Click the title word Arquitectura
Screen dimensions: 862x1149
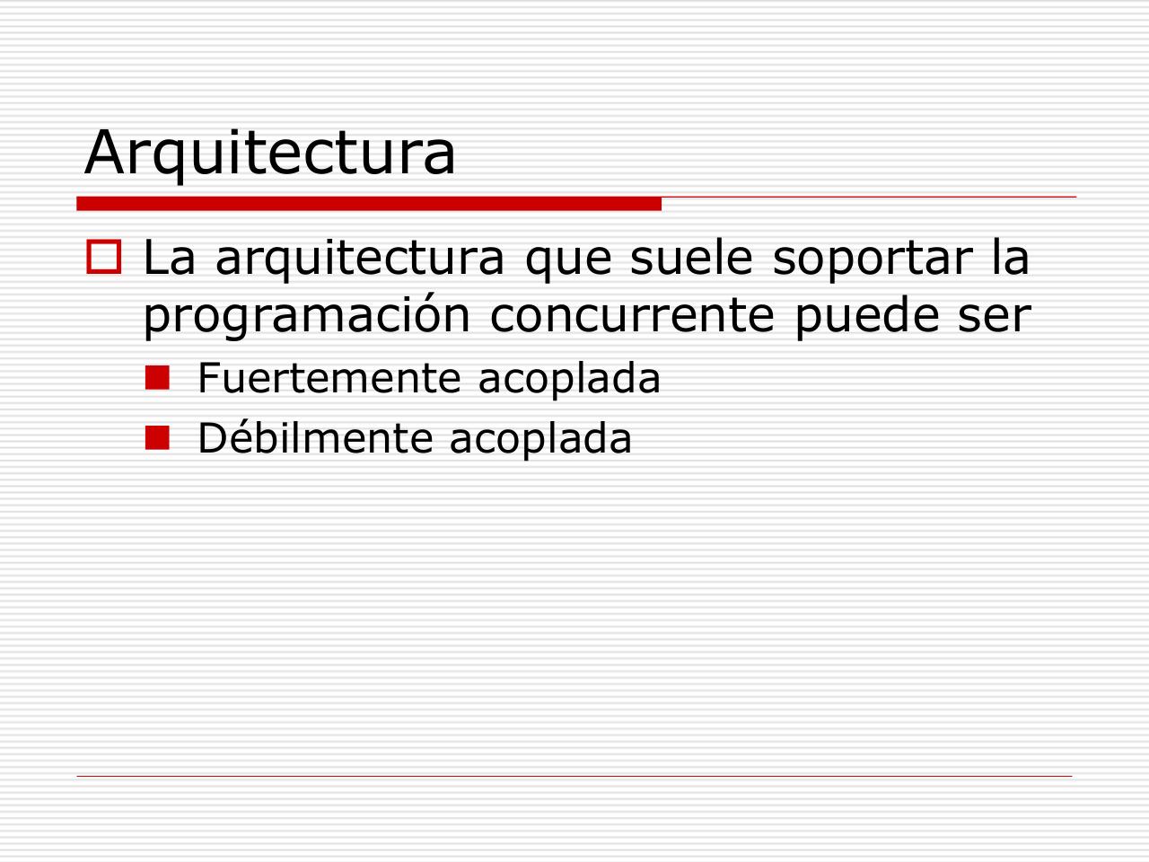click(269, 153)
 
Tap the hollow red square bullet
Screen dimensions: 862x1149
click(103, 257)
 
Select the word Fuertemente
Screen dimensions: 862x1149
click(327, 378)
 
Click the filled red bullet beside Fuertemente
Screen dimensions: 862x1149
click(157, 379)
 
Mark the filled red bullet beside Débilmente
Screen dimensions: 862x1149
click(157, 438)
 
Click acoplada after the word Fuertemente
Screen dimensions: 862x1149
click(569, 378)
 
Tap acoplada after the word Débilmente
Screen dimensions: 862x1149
click(540, 438)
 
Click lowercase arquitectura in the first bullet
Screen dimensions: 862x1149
click(360, 259)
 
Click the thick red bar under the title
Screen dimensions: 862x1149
click(369, 204)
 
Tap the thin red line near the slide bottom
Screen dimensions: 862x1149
click(574, 776)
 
